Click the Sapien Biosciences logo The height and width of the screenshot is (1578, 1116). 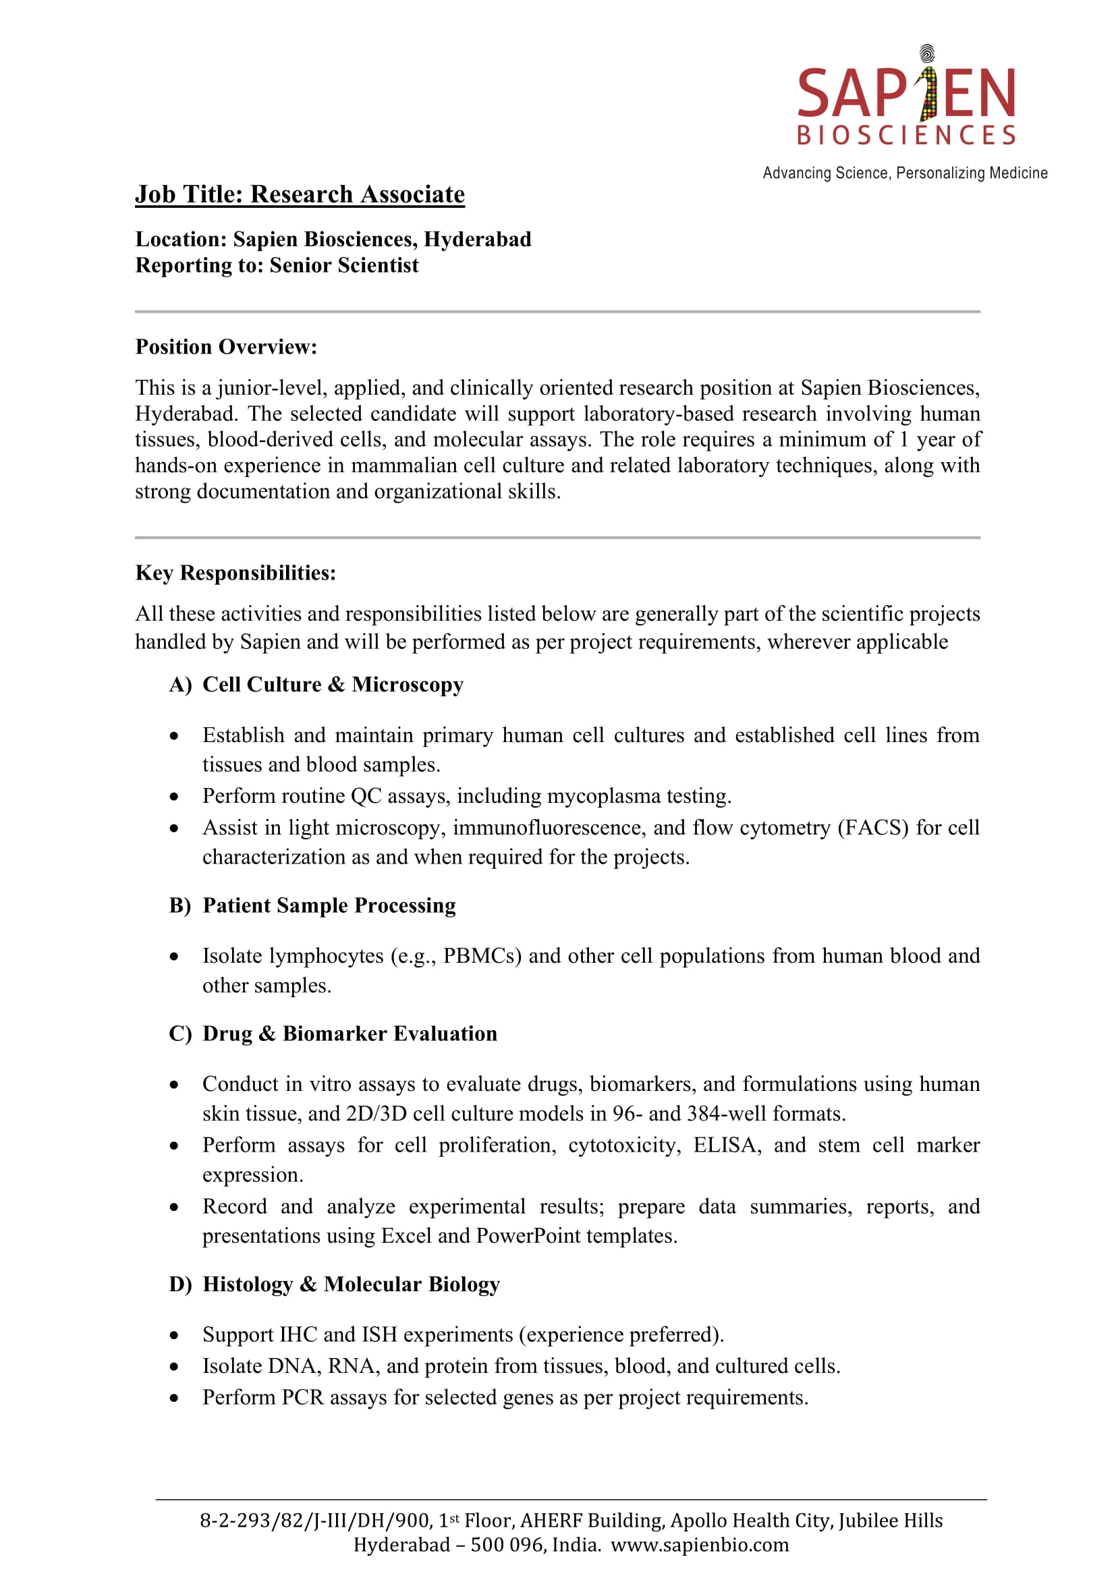(x=905, y=96)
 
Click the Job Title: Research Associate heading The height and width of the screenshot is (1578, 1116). (x=300, y=194)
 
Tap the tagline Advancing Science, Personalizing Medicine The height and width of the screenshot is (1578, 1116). (x=904, y=173)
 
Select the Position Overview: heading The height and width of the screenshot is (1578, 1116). (x=226, y=347)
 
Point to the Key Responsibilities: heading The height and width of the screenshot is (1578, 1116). (x=235, y=573)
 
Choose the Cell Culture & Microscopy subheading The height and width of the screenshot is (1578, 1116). (x=333, y=685)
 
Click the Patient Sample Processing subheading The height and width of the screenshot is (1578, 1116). (x=329, y=906)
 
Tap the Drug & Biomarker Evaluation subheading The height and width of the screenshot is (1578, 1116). (x=349, y=1034)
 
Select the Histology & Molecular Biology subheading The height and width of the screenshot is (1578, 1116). (x=350, y=1285)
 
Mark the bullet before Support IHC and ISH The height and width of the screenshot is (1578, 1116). (x=175, y=1335)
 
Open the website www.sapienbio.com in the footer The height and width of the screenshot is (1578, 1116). (x=700, y=1545)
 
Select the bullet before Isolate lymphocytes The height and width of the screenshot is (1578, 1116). (x=175, y=957)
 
